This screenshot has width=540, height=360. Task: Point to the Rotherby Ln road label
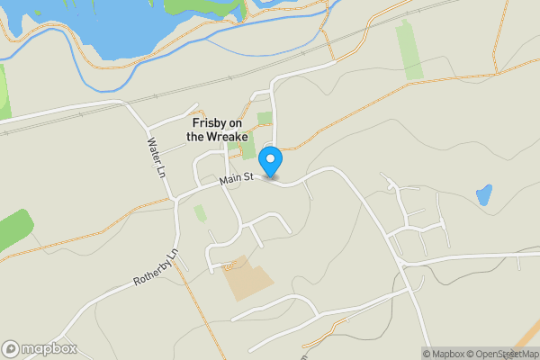[157, 267]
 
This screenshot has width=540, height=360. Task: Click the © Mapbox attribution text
[443, 353]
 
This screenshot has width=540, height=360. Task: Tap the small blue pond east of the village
[484, 193]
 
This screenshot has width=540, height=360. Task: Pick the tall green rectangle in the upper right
[409, 51]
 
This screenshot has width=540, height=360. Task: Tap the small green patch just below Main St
[200, 213]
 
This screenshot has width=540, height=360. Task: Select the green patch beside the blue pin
[247, 153]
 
